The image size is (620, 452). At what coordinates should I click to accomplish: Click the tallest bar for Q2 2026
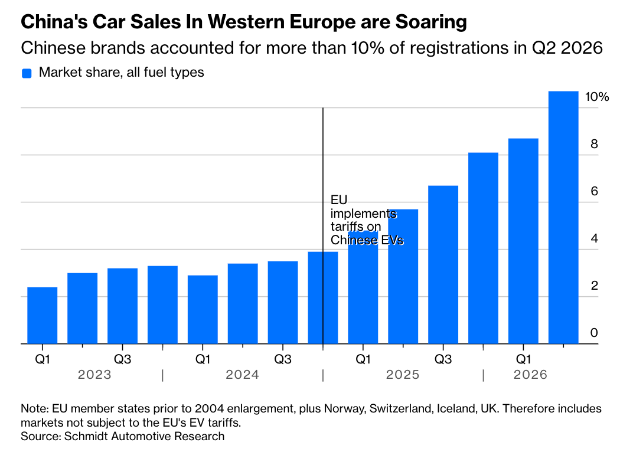tap(563, 218)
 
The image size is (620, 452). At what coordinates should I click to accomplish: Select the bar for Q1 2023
tap(43, 316)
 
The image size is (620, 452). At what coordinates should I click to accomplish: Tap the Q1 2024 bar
tap(203, 310)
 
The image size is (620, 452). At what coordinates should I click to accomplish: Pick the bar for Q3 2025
tap(443, 265)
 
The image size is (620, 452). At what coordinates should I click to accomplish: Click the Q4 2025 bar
tap(483, 248)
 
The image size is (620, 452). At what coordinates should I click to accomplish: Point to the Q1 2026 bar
tap(523, 241)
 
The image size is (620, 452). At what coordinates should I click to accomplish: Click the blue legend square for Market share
tap(27, 73)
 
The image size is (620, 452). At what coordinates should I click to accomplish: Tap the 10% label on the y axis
tap(597, 97)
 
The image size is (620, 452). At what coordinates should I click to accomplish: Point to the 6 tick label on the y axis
tap(594, 191)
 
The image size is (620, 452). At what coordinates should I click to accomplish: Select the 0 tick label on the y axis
tap(594, 333)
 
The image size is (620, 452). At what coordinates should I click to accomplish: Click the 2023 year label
tap(94, 375)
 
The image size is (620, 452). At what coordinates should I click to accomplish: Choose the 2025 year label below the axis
tap(403, 375)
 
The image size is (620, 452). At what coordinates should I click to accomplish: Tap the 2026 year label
tap(530, 375)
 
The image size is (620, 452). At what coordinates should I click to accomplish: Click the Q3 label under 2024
tap(283, 359)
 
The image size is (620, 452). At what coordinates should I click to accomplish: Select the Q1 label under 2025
tap(363, 359)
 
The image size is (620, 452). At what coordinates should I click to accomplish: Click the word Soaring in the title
tap(431, 22)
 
